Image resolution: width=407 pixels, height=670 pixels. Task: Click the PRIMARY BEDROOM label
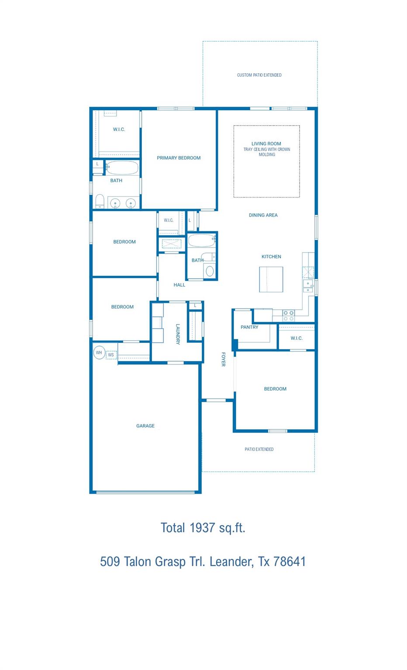pos(179,158)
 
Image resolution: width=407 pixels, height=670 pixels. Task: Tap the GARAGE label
pos(145,426)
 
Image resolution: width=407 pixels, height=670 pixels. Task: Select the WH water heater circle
pos(99,352)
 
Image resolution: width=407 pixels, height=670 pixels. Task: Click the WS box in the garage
pos(111,355)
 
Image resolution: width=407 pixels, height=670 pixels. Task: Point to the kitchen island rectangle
pos(271,279)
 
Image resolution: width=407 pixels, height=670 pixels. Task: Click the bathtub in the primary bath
pos(122,167)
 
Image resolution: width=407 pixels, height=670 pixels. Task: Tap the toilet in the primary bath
pos(100,201)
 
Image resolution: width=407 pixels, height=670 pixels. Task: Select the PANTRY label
pos(249,327)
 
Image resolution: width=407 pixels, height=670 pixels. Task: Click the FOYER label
pos(223,359)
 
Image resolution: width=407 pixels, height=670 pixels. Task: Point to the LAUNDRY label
pos(178,334)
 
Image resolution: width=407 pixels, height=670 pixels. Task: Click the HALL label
pos(179,285)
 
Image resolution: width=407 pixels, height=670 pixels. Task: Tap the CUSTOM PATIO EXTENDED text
pos(259,75)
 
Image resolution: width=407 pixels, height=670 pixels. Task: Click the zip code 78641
pos(290,561)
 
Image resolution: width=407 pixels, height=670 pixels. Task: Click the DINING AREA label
pos(263,215)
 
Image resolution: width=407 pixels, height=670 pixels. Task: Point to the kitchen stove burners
pos(288,315)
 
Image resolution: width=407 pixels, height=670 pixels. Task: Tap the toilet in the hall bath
pos(210,271)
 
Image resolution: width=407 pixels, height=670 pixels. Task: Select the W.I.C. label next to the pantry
pos(297,338)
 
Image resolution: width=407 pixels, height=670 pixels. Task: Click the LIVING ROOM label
pos(266,144)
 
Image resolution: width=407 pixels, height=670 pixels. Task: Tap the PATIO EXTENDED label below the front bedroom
pos(259,449)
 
